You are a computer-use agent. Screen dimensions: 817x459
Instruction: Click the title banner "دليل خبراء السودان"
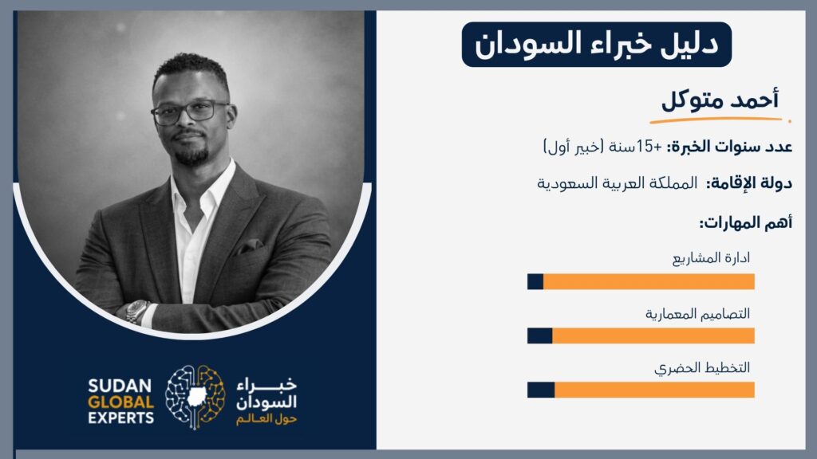point(597,45)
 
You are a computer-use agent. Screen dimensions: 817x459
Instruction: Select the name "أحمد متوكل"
point(720,99)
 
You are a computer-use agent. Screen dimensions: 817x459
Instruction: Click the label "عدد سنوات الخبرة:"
point(729,147)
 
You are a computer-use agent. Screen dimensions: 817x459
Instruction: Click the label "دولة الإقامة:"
point(749,183)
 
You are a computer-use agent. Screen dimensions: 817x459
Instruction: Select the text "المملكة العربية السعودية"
point(617,183)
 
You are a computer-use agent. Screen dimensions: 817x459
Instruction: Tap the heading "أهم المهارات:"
point(746,223)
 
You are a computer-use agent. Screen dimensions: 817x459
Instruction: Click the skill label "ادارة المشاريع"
point(711,258)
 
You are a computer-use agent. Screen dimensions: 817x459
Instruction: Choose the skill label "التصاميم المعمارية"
point(697,314)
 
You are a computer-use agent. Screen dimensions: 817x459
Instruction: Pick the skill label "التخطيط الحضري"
point(702,368)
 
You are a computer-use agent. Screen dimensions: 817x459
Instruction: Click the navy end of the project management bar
point(535,281)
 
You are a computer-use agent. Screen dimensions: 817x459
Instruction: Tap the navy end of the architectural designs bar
point(540,335)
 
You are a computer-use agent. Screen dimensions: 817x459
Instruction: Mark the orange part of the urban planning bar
point(654,390)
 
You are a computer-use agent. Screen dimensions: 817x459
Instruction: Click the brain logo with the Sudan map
point(195,397)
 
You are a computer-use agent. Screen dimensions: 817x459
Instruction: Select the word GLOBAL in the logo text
point(121,402)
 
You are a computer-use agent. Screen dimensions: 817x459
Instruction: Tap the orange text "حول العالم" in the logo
point(266,419)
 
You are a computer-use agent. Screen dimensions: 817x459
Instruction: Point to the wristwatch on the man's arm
point(137,312)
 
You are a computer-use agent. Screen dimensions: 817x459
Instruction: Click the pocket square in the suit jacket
point(250,245)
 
